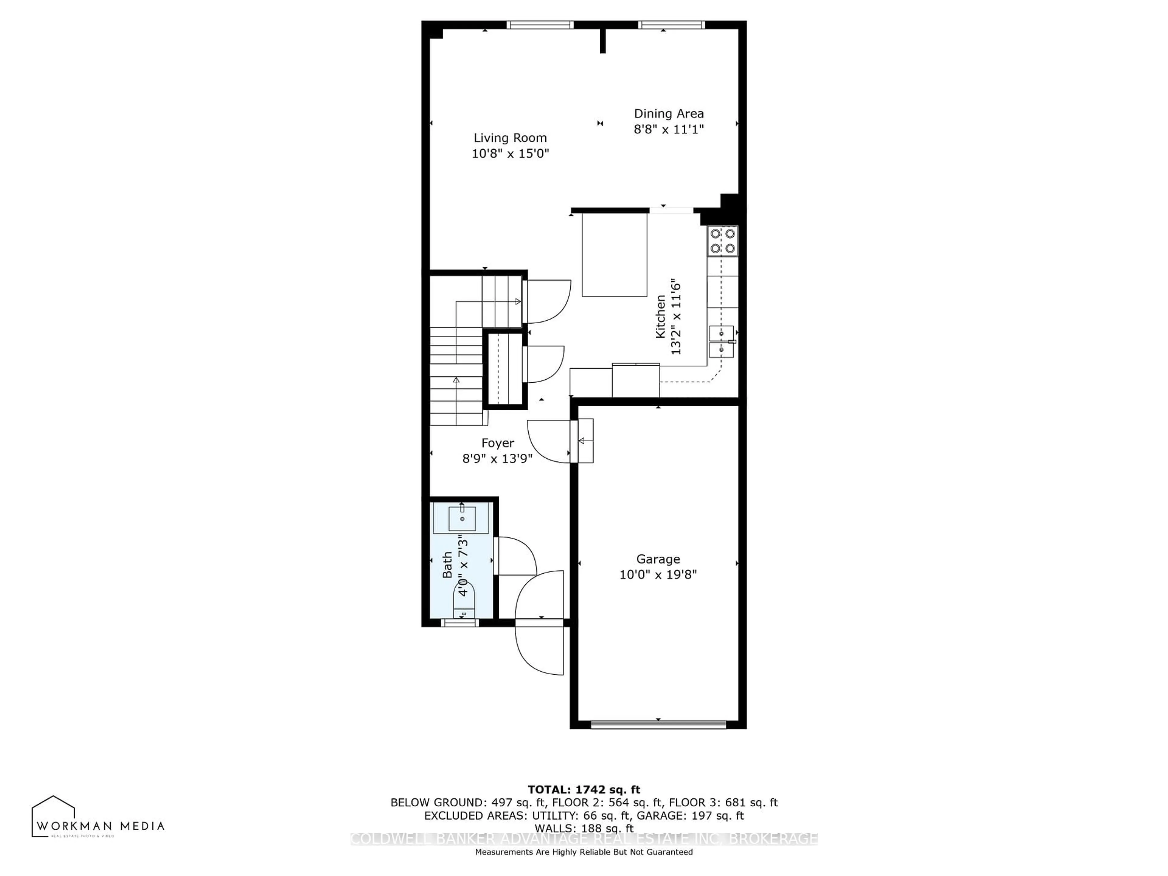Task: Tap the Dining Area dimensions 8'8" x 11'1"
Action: [669, 129]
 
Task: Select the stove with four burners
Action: [722, 241]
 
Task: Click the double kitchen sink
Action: [721, 342]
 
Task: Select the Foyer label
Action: [497, 443]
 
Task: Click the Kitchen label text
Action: [660, 317]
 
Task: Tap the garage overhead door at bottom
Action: [658, 725]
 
